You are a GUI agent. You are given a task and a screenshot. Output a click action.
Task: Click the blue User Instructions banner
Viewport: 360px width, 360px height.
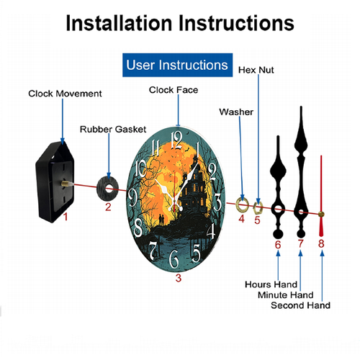tap(177, 65)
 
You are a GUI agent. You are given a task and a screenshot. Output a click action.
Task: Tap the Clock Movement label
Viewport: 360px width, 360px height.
tap(65, 94)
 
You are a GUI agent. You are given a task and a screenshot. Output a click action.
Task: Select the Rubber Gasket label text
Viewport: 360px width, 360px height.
tap(113, 130)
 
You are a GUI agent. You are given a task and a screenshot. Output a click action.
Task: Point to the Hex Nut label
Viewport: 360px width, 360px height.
tap(256, 70)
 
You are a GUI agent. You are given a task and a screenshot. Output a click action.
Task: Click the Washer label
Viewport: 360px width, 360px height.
tap(236, 112)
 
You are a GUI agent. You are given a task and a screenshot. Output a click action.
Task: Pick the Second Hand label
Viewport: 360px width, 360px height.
tap(300, 305)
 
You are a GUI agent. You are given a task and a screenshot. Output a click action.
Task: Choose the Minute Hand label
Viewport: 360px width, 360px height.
tap(286, 295)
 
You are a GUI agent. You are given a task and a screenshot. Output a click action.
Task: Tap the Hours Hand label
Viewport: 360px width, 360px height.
tap(271, 284)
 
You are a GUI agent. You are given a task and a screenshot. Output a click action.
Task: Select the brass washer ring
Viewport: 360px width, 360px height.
tap(238, 205)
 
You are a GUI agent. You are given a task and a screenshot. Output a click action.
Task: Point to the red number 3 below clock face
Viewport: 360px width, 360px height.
tap(179, 278)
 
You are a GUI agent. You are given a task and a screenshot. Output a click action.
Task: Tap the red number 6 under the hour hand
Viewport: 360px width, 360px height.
tap(278, 245)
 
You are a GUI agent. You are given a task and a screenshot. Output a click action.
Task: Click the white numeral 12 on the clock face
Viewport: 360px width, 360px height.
tap(176, 141)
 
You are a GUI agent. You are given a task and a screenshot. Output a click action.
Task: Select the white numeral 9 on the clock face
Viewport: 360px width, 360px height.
tap(132, 197)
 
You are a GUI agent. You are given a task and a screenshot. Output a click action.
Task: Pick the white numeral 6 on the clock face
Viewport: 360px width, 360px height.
tap(174, 258)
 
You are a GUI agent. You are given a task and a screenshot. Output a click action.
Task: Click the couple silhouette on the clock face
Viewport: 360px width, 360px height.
tap(161, 220)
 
